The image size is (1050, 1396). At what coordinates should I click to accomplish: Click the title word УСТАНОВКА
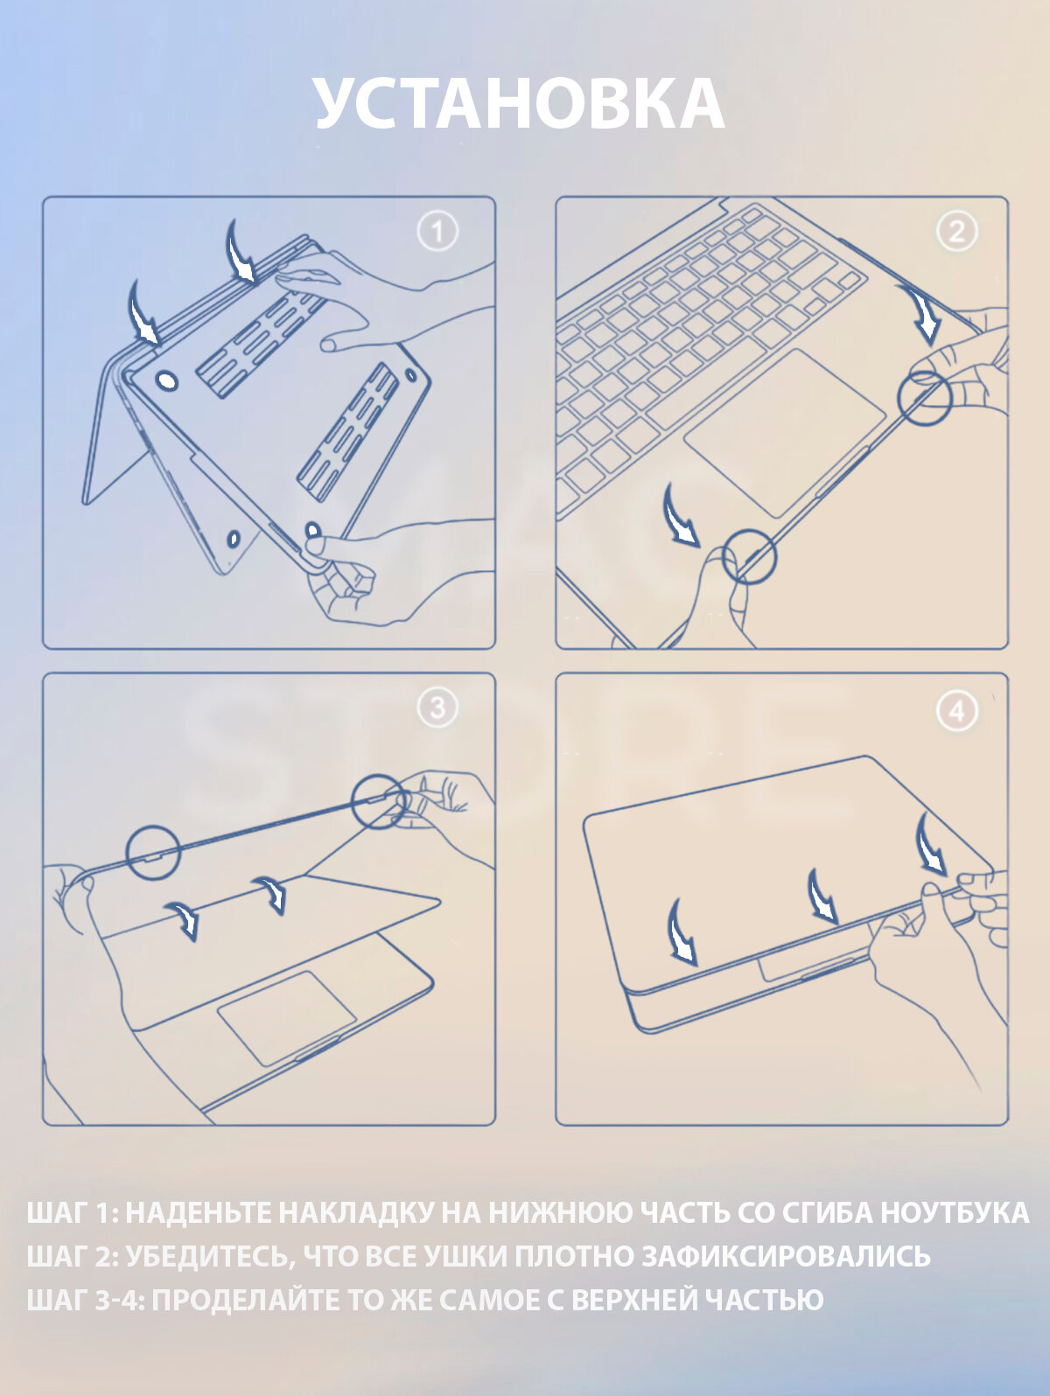tap(520, 105)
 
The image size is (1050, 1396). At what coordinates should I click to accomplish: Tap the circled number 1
tap(437, 232)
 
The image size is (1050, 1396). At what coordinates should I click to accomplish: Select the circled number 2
tap(957, 232)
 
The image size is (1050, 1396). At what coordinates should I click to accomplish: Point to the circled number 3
tap(437, 708)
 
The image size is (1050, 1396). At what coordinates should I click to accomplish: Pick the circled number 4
tap(957, 712)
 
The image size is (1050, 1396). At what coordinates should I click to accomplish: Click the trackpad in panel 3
tap(287, 1017)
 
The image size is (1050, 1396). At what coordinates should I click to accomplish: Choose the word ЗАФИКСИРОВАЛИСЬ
tap(786, 1257)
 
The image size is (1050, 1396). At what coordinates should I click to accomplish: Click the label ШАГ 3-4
tap(86, 1300)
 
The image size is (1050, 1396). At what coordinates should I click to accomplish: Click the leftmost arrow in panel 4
tap(681, 932)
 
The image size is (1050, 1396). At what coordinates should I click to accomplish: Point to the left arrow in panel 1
tap(143, 313)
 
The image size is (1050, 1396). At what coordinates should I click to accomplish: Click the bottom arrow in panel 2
tap(681, 516)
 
